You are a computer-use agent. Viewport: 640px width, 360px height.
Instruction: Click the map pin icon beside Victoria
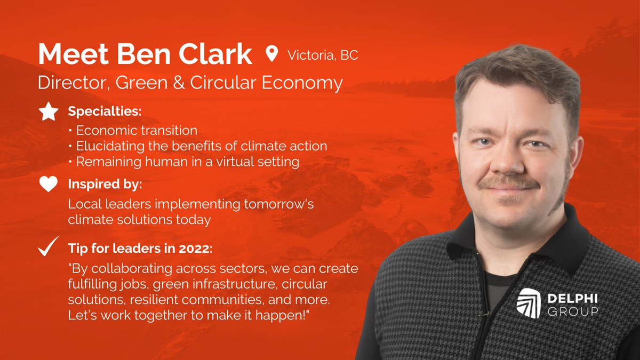272,54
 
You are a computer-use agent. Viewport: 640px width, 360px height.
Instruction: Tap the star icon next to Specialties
49,112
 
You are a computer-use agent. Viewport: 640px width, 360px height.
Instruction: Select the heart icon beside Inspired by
49,185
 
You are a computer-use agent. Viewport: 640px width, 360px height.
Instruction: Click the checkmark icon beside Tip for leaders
49,248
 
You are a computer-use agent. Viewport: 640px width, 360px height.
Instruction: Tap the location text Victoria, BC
323,55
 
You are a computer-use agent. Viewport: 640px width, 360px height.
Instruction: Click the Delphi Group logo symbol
528,303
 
